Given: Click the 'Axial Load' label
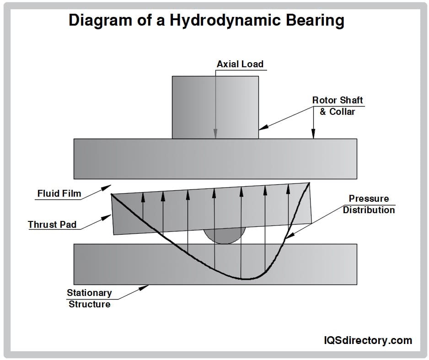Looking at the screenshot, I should tap(240, 64).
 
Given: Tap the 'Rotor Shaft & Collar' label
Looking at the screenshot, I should tap(338, 106).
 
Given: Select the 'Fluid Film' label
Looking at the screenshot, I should tap(59, 193).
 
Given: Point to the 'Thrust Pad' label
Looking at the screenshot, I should tap(52, 225).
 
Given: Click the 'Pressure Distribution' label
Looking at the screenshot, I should tap(369, 204).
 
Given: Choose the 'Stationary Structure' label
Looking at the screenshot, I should tap(89, 298).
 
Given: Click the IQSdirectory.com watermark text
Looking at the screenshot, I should tap(367, 340).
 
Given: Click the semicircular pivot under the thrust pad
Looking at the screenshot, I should tap(224, 236).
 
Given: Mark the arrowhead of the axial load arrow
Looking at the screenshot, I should tap(215, 134).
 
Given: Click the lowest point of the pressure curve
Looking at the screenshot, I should tap(246, 279).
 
